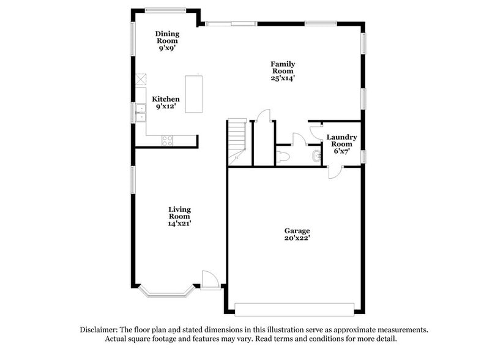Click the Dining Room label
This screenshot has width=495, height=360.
(x=167, y=37)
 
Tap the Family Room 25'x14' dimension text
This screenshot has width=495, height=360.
(x=283, y=78)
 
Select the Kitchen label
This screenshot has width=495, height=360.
(x=166, y=99)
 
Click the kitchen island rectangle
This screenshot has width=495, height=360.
(x=193, y=94)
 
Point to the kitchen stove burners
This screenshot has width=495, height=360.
(x=167, y=141)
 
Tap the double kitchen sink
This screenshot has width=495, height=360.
(x=141, y=113)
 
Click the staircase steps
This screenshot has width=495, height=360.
(x=237, y=141)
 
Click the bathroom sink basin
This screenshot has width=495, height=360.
(x=316, y=156)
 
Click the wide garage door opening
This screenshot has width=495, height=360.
(x=294, y=309)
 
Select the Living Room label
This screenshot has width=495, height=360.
(x=179, y=213)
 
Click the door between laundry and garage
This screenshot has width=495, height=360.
(x=335, y=172)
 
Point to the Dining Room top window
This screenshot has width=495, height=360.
(x=165, y=10)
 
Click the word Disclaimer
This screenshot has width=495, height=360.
(x=99, y=330)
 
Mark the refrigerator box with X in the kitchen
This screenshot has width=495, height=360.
(x=141, y=80)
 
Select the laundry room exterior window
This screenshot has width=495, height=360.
(x=363, y=157)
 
